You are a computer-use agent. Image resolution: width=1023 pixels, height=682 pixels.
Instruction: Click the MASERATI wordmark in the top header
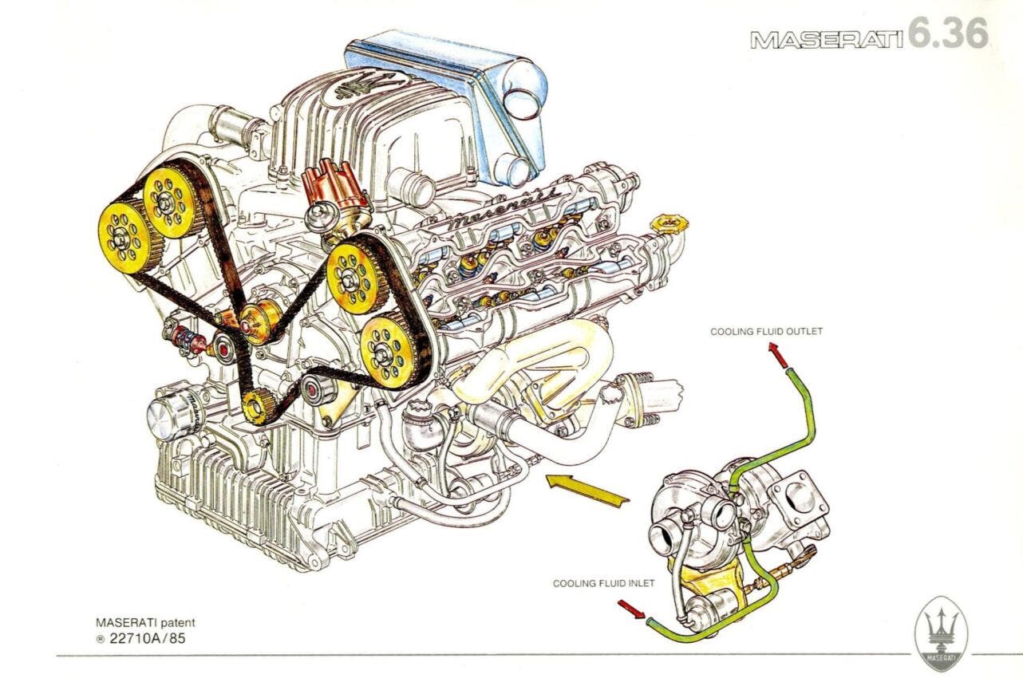point(826,39)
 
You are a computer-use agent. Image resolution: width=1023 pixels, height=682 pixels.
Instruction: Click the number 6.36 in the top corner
point(948,34)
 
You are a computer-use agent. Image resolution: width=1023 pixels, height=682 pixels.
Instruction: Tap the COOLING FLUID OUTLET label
point(765,331)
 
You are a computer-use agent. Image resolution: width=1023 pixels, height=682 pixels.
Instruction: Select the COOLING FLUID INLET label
point(603,583)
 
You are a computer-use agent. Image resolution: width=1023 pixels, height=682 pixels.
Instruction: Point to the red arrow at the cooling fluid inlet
point(630,610)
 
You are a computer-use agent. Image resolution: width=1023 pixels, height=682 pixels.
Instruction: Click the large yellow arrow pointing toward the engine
point(587,490)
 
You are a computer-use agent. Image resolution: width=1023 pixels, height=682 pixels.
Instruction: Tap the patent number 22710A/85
point(144,637)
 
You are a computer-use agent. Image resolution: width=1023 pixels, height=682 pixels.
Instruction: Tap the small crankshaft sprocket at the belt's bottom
point(256,408)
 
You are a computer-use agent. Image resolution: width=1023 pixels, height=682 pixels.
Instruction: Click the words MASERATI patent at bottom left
point(144,622)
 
